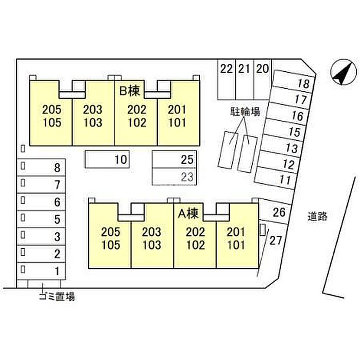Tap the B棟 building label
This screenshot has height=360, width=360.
tap(130, 92)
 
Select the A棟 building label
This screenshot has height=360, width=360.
tap(189, 212)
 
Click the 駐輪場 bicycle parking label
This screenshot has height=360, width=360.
tap(244, 112)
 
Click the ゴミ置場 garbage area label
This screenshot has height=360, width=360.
tap(57, 296)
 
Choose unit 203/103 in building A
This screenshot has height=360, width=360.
tap(152, 238)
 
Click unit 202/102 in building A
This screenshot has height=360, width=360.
tap(195, 238)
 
